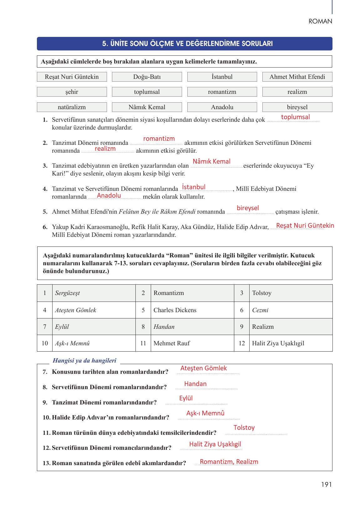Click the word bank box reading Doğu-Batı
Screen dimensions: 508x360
147,77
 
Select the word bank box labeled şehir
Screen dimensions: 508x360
72,92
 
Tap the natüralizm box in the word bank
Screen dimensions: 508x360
72,107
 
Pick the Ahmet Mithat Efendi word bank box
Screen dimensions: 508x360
297,77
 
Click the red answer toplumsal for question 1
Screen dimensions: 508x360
295,117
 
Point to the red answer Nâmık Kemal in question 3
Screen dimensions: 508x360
211,161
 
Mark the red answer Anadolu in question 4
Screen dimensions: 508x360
109,196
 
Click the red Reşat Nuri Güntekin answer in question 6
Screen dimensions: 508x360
305,226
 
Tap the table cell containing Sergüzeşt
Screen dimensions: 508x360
93,293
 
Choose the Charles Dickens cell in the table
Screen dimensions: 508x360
192,310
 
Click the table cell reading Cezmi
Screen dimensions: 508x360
291,310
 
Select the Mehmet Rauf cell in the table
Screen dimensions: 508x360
192,343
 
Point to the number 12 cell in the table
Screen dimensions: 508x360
242,343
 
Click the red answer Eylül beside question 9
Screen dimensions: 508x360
186,399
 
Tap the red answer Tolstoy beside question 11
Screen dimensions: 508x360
244,428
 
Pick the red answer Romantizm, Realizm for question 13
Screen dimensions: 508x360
229,462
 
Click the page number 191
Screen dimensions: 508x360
326,485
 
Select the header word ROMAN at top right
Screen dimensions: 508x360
320,22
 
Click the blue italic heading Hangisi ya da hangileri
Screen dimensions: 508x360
84,361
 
